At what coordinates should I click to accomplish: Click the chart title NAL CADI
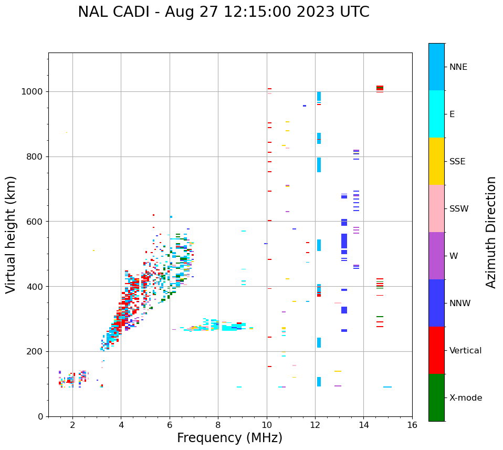point(223,12)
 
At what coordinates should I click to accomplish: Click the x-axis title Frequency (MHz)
point(229,438)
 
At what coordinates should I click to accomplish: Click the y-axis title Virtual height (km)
point(11,235)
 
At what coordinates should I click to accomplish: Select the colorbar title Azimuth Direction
point(491,232)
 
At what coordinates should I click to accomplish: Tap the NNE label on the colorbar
point(458,67)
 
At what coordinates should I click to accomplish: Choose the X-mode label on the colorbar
point(465,398)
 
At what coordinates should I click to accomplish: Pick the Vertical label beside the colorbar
point(465,351)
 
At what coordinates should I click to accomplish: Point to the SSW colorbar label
point(459,209)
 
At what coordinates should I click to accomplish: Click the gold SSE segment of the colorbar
point(436,161)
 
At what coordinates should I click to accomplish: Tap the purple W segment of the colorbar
point(436,256)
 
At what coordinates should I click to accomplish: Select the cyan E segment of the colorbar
point(436,114)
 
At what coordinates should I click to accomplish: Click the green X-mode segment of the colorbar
point(436,397)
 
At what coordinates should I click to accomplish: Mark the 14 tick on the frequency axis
point(363,425)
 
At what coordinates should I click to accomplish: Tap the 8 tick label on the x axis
point(218,425)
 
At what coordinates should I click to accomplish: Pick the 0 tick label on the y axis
point(40,416)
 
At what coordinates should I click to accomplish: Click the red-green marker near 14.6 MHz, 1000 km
point(380,88)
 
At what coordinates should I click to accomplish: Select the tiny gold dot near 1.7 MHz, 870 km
point(66,133)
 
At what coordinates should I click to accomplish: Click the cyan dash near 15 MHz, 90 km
point(387,387)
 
